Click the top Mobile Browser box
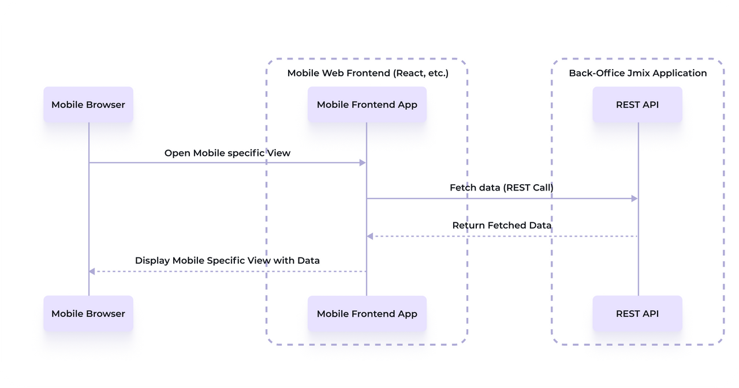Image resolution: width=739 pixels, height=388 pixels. click(x=88, y=105)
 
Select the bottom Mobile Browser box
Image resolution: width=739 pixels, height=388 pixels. click(x=88, y=314)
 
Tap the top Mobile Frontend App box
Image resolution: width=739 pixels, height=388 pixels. click(x=367, y=105)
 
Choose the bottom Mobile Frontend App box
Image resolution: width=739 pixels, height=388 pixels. click(x=367, y=314)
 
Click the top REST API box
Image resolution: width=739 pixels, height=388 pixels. click(x=637, y=105)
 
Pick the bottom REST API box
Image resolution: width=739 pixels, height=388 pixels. click(x=637, y=314)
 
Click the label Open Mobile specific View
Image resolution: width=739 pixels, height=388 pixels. click(x=227, y=153)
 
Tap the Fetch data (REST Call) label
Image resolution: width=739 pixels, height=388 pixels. click(x=502, y=188)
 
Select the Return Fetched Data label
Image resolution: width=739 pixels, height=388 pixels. click(x=502, y=225)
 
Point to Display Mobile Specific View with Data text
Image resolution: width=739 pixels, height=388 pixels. click(x=227, y=260)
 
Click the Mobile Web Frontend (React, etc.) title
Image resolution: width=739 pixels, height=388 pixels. click(x=368, y=73)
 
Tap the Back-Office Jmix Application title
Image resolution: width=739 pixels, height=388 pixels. click(x=637, y=73)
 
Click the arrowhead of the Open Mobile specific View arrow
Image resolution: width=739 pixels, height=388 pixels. click(x=363, y=163)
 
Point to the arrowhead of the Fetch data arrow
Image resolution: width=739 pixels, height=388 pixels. click(x=634, y=199)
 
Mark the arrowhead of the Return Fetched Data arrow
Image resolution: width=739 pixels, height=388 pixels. click(x=370, y=236)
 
